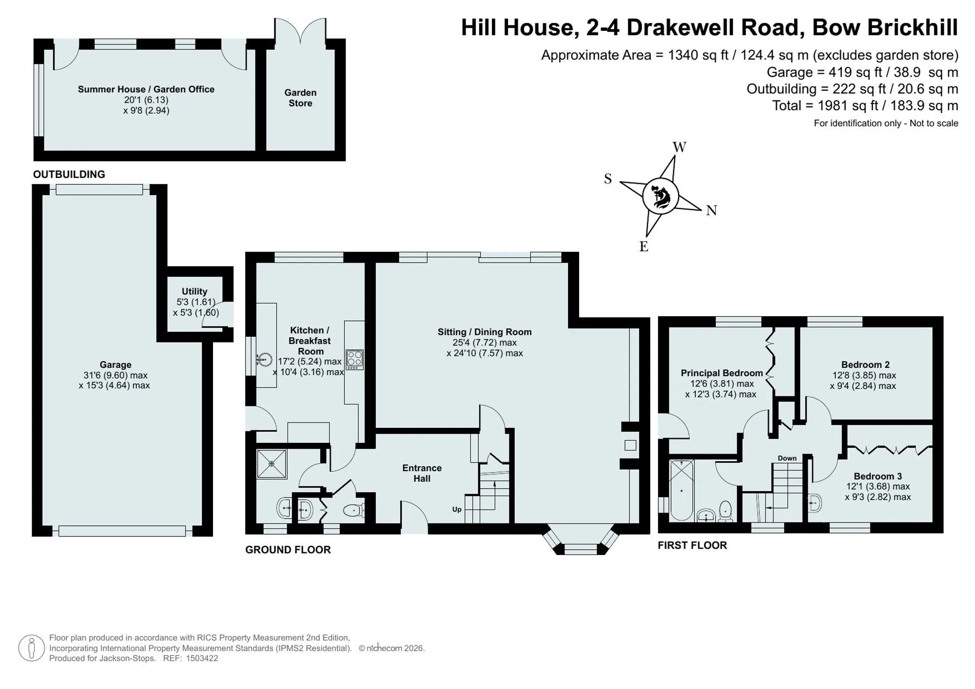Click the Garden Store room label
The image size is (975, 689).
tap(300, 98)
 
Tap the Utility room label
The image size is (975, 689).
tap(195, 291)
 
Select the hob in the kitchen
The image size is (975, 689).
tap(354, 360)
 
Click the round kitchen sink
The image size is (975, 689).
tap(264, 360)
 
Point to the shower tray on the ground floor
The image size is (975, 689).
tap(272, 463)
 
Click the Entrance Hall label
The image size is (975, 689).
tap(422, 473)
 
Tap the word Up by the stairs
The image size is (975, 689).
tap(457, 510)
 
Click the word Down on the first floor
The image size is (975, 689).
tap(787, 458)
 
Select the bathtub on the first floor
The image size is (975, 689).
tap(681, 490)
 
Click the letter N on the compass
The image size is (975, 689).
tap(711, 211)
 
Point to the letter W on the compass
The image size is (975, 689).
tap(680, 147)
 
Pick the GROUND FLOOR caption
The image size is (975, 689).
tap(288, 550)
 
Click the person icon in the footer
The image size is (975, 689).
tap(32, 648)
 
